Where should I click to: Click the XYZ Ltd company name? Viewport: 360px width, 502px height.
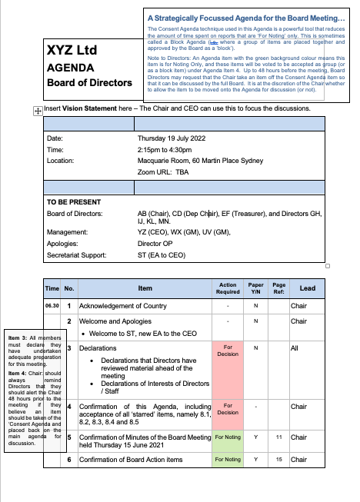click(78, 52)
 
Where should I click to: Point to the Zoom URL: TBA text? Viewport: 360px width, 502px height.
click(159, 173)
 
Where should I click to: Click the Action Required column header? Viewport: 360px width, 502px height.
click(228, 288)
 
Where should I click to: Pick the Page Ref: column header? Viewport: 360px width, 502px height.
click(279, 288)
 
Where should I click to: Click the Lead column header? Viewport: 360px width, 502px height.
click(307, 288)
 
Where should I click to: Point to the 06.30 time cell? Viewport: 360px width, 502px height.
click(52, 305)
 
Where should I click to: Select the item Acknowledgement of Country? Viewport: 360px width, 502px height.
click(123, 305)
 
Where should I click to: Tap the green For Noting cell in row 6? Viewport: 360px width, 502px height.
click(228, 460)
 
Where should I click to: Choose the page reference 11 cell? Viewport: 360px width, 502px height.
click(279, 437)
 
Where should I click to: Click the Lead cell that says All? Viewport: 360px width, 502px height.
click(295, 348)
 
